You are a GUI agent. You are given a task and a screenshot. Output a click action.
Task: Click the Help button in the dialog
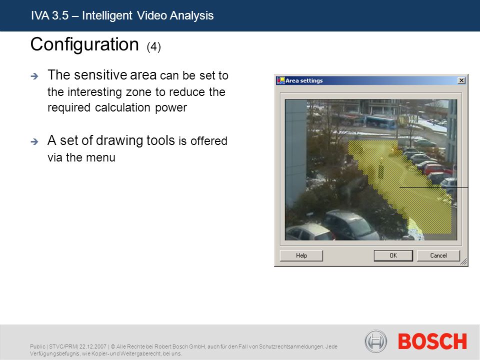point(301,255)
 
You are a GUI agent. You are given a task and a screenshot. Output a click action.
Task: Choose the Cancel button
point(438,255)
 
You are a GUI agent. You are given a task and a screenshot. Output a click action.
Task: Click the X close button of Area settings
point(461,80)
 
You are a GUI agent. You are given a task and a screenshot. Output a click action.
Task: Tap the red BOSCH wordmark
point(432,341)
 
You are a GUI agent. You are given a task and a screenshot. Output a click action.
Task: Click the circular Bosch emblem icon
point(376,341)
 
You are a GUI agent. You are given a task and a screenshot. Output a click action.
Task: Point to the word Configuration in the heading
point(85,44)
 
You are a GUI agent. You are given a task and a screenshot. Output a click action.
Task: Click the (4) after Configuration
point(153,47)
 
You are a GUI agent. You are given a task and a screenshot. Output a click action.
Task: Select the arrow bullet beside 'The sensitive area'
point(34,76)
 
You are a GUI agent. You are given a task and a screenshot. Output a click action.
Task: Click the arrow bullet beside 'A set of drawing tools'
point(34,141)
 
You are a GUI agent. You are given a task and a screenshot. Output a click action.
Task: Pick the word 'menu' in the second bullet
point(100,157)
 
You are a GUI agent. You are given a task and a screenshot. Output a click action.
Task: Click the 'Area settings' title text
point(304,80)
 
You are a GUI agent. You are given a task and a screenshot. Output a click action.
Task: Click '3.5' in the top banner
point(60,15)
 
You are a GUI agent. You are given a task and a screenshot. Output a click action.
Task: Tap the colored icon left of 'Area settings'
point(280,80)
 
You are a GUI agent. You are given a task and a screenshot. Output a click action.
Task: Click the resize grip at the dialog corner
point(464,261)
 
